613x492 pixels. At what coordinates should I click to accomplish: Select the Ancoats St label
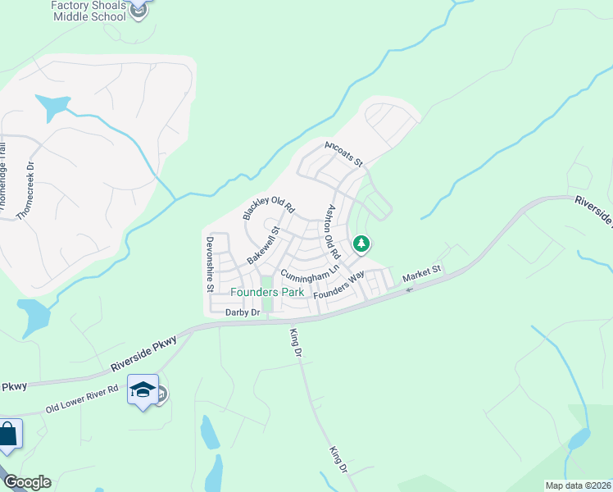[x=343, y=153]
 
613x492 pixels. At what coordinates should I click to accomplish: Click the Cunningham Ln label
[x=310, y=271]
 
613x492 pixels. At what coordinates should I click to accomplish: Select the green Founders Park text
[x=267, y=292]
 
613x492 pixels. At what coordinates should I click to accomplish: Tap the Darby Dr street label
[x=243, y=312]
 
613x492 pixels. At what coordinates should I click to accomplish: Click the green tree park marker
[x=361, y=244]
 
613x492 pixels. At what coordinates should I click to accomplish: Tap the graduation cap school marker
[x=143, y=391]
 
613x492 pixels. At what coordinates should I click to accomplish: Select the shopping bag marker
[x=7, y=435]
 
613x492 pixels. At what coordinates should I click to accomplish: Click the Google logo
[x=26, y=482]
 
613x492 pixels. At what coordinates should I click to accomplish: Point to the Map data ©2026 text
[x=578, y=485]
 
